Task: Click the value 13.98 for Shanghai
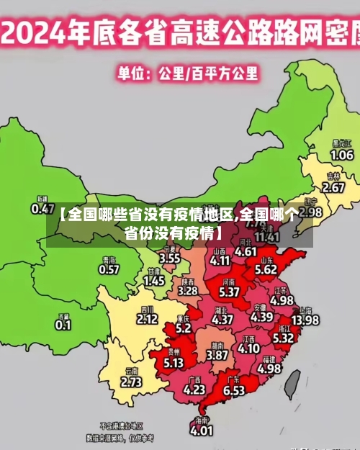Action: tap(305, 320)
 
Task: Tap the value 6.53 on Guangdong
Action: tap(233, 390)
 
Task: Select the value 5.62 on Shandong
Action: tap(266, 269)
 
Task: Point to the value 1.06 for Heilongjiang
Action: tap(341, 155)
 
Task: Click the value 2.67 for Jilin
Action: tap(333, 187)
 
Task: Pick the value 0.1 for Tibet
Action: tap(63, 325)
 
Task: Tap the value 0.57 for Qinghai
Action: tap(109, 269)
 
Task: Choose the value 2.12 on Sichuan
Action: tap(147, 318)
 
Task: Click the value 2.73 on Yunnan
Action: tap(132, 382)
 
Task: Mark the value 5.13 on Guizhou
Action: tap(174, 363)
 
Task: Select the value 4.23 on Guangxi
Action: tap(194, 389)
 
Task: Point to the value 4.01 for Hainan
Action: tap(202, 431)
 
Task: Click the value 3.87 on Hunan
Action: tap(217, 355)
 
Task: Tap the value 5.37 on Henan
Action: tap(229, 292)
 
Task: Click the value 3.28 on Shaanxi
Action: tap(188, 291)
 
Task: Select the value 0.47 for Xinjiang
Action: tap(42, 208)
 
